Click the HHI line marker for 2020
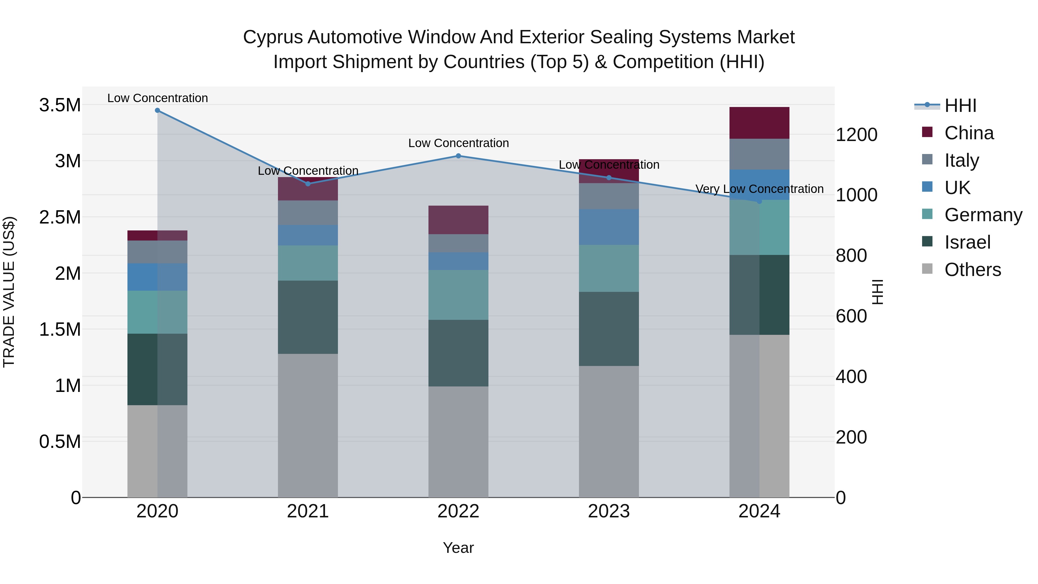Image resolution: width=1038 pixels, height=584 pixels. coord(157,110)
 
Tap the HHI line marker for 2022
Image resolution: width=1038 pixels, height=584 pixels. coord(458,155)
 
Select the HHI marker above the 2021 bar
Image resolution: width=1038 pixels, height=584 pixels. coord(308,184)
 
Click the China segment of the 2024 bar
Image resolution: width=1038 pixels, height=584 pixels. coord(759,123)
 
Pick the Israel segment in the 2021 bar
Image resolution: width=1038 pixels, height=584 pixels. coord(308,317)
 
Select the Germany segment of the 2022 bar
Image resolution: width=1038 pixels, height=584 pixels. coord(458,295)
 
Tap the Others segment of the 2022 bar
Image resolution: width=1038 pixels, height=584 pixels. coord(458,442)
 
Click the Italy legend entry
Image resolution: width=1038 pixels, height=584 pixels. coord(961,160)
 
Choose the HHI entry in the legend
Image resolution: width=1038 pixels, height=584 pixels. coord(960,106)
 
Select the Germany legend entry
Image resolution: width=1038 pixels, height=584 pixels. coord(983,215)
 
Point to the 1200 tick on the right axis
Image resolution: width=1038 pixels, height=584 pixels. coord(856,135)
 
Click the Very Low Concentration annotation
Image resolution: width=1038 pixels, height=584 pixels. coord(759,189)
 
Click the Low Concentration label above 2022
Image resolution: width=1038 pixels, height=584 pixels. coord(458,143)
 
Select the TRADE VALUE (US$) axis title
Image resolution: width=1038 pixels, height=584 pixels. coord(9,292)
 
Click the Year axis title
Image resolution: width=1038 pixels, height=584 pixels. coord(458,548)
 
